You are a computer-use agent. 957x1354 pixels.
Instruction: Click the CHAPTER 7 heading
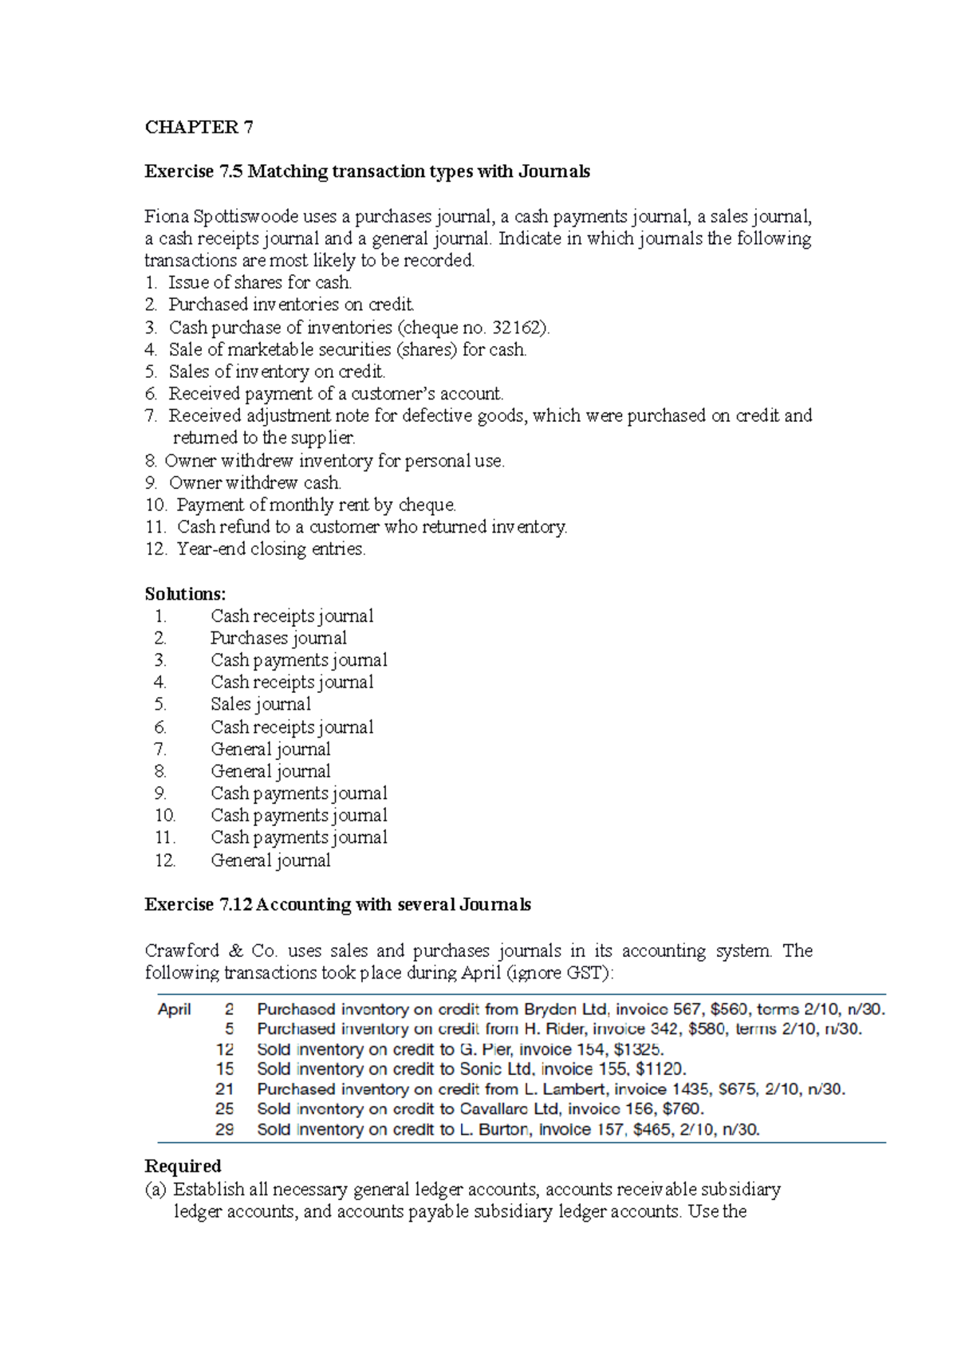199,128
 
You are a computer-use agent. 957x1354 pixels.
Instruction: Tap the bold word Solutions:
185,594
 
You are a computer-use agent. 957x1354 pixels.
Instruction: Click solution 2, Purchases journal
278,638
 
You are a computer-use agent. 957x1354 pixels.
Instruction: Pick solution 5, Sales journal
261,704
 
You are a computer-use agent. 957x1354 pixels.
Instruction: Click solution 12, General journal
270,860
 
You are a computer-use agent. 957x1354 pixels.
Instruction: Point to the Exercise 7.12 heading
337,905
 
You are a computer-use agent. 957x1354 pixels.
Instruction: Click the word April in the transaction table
175,1010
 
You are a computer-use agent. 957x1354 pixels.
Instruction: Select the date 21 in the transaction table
225,1089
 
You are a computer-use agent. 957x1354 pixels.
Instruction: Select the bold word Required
183,1167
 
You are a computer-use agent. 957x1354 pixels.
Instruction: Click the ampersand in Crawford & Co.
235,951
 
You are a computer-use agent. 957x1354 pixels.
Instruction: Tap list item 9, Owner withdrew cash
254,483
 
